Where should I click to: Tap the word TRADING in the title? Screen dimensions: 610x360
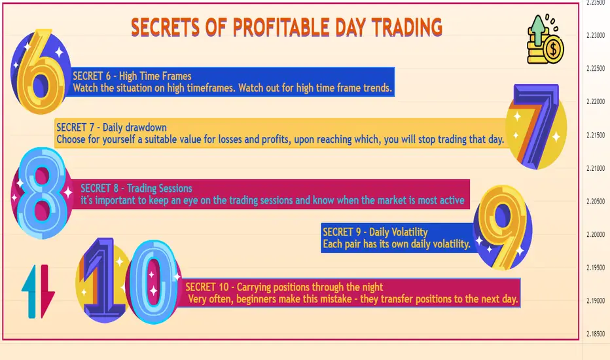(x=406, y=27)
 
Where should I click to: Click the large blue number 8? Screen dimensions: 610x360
(x=42, y=193)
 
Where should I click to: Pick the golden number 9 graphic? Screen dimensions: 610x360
(x=503, y=227)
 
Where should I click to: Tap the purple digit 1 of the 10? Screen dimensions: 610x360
(x=103, y=279)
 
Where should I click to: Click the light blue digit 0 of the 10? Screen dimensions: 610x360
(x=153, y=282)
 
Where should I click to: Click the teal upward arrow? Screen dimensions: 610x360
(x=29, y=291)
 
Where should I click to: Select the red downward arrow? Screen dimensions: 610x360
(x=46, y=291)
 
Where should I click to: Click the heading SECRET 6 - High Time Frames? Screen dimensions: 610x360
(x=132, y=76)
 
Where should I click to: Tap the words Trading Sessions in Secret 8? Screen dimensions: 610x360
(x=160, y=189)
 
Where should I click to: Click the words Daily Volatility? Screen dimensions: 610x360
(x=399, y=232)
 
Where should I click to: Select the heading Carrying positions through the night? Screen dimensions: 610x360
(x=310, y=287)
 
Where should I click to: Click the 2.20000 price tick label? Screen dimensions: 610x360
(x=596, y=235)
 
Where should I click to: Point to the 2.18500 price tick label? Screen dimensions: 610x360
(x=596, y=334)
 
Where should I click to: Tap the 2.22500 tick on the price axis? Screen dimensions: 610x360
(x=596, y=69)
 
